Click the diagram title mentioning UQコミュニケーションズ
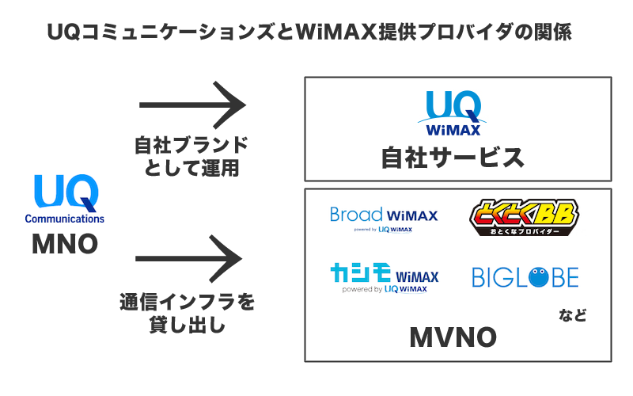309,32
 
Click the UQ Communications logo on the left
65,199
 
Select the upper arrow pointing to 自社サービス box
189,105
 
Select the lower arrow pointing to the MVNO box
189,259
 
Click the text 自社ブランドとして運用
190,156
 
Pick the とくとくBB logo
524,219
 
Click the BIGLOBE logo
525,276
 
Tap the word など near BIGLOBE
573,316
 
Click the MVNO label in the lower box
453,338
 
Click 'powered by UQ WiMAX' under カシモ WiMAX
385,290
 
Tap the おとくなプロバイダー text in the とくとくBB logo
524,233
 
